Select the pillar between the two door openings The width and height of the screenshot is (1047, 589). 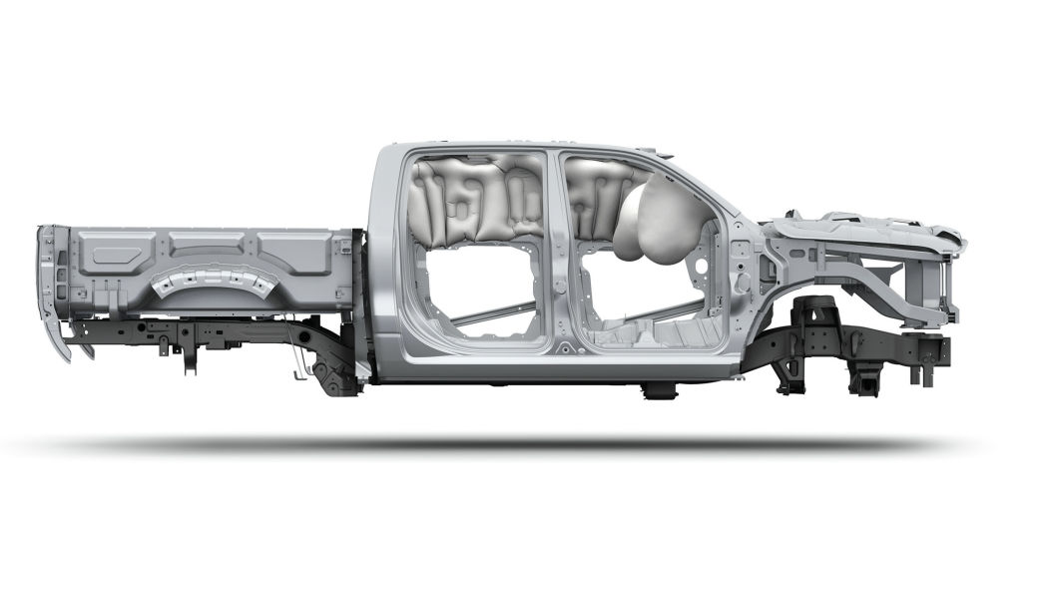(x=555, y=250)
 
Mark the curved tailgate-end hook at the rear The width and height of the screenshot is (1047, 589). (x=58, y=329)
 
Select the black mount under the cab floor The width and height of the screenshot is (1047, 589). (x=659, y=389)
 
